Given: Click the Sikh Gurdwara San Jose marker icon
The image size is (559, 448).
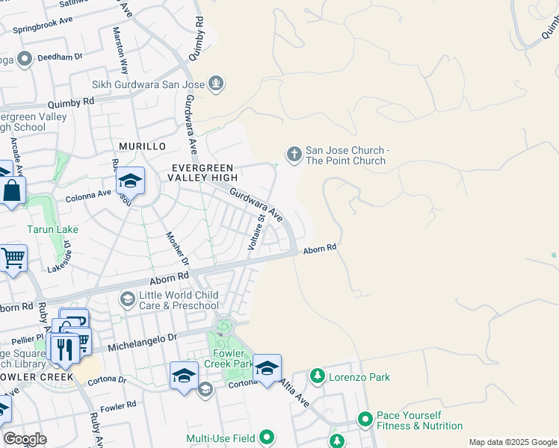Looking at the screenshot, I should (217, 83).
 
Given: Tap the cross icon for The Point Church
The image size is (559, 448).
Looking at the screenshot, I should (294, 155).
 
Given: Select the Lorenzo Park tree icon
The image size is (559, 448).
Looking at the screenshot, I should (318, 376).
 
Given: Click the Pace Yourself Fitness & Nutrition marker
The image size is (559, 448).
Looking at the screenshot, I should (365, 420).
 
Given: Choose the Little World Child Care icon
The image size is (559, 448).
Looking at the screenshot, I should (128, 299).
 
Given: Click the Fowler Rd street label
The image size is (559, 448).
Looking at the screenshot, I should (118, 405).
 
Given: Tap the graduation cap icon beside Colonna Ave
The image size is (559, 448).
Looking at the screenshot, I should (129, 181).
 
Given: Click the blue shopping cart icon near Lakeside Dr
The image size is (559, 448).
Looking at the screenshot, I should (13, 258).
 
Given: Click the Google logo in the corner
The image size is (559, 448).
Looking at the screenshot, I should (25, 438).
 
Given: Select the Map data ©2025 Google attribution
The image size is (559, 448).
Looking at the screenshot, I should (512, 442).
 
